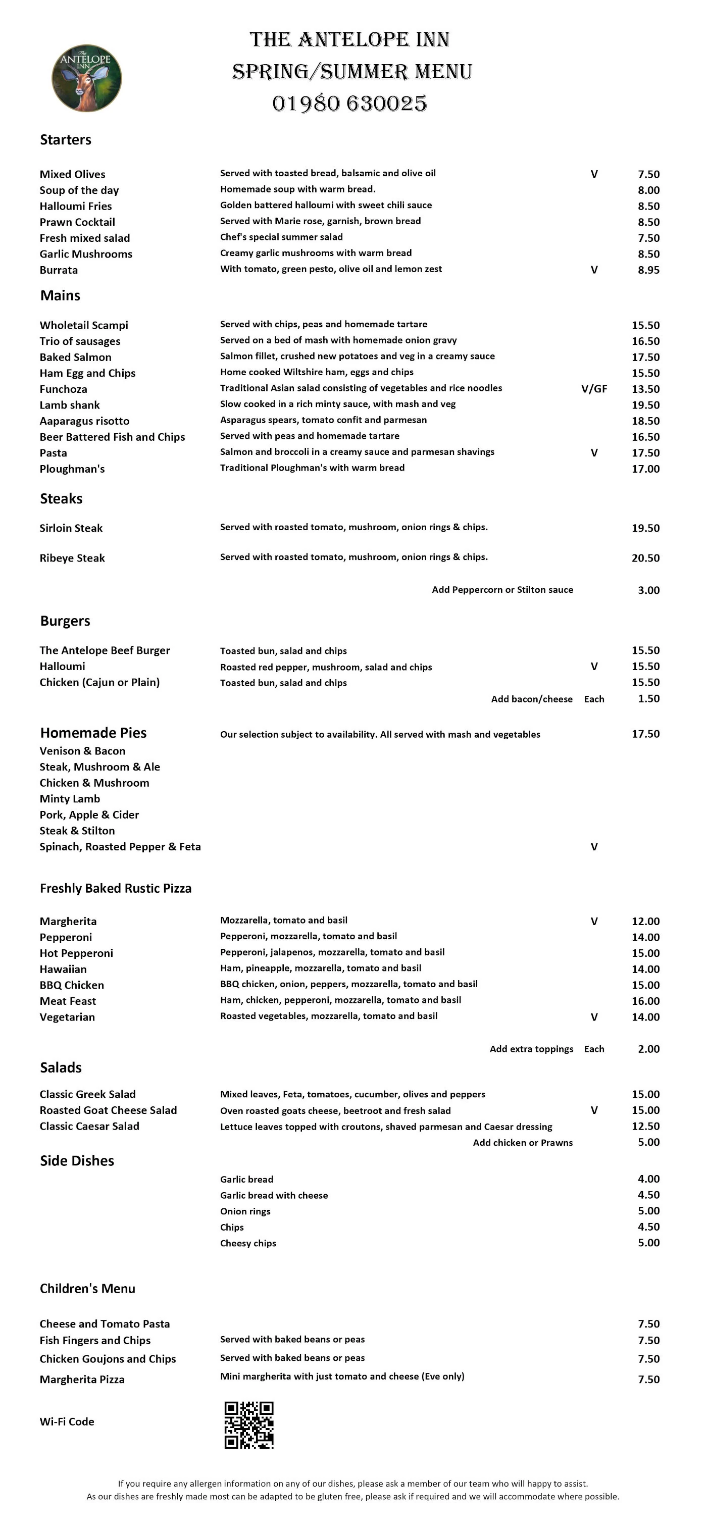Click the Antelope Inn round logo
[x=87, y=78]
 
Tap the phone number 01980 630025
[x=349, y=104]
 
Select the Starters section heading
[x=65, y=139]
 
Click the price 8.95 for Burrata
[x=648, y=270]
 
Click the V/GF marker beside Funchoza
[x=593, y=389]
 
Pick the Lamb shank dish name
[x=70, y=405]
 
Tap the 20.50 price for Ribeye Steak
[x=645, y=557]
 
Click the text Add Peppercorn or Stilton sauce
[x=502, y=590]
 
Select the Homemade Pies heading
[x=93, y=733]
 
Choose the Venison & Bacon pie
[x=83, y=751]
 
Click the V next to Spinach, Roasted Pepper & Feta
[x=593, y=847]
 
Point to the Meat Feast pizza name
[x=68, y=1001]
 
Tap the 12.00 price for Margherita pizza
[x=645, y=921]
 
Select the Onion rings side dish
[x=245, y=1211]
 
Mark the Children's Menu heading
[x=87, y=1288]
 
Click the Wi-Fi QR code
[x=249, y=1425]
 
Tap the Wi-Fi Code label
[x=67, y=1421]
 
